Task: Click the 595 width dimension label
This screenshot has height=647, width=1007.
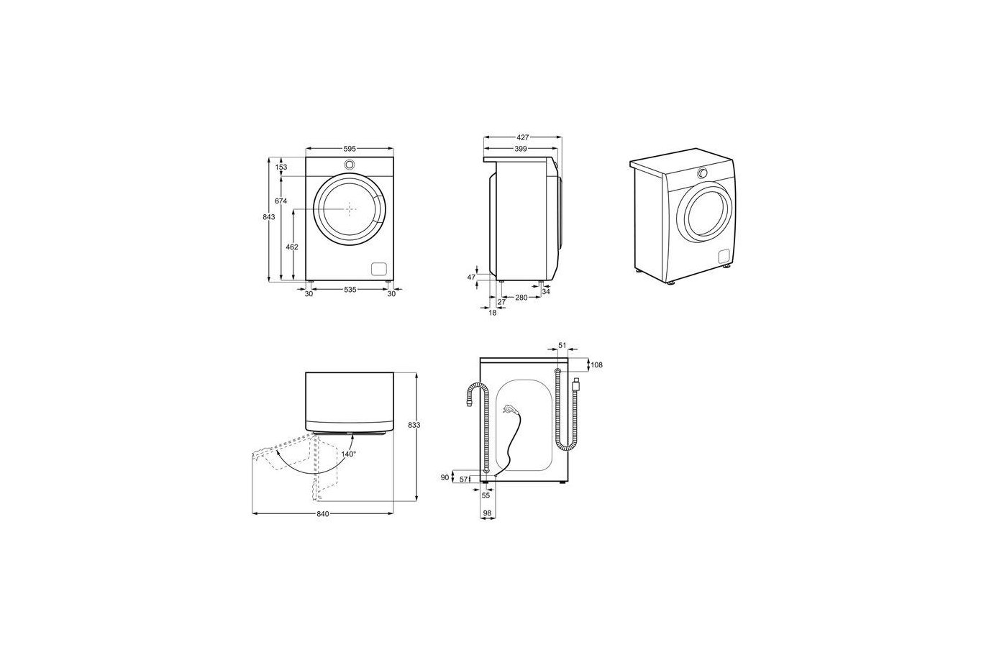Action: coord(350,148)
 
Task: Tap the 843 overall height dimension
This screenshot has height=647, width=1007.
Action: coord(269,217)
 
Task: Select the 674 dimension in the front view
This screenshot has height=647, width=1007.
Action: coord(281,201)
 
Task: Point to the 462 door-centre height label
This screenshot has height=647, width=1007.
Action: coord(292,247)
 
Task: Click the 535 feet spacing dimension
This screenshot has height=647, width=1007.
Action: coord(350,290)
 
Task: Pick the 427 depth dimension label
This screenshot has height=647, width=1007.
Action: coord(523,137)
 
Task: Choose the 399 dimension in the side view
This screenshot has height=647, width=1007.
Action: coord(521,150)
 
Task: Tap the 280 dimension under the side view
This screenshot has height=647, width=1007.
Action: coord(521,298)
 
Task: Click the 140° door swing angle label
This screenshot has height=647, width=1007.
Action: coord(348,454)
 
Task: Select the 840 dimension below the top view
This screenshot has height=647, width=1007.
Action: coord(323,514)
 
